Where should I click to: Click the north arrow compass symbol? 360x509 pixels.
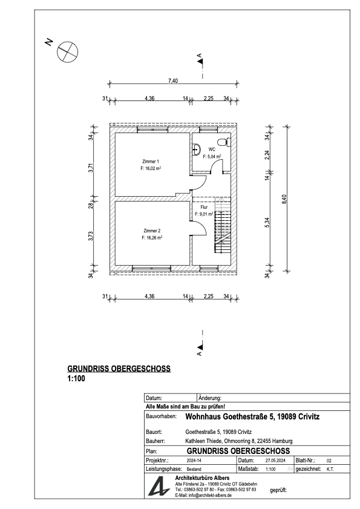coord(68,52)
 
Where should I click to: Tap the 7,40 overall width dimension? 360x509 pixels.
coord(173,81)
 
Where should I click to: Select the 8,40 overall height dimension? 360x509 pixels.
coord(284,199)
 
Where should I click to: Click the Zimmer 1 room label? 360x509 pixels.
coord(151,162)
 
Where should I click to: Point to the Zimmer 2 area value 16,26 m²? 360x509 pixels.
coord(152,238)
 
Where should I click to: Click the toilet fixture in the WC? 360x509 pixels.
coord(224,142)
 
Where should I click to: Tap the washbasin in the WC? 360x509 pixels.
coord(196,149)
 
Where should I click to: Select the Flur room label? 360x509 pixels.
coord(204,207)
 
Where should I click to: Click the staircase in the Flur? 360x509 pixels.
coord(223,225)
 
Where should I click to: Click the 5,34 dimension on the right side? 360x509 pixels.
coord(267,222)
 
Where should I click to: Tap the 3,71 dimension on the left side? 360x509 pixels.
coord(91,167)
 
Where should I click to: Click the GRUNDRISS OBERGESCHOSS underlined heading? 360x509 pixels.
coord(119,369)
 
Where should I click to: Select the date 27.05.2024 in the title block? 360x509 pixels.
coord(275,461)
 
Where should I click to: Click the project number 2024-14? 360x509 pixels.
coord(194,461)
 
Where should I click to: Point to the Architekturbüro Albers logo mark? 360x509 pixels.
coord(159,486)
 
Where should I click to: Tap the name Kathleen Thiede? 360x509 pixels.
coord(203,441)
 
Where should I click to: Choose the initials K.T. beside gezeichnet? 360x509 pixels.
coord(330,470)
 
